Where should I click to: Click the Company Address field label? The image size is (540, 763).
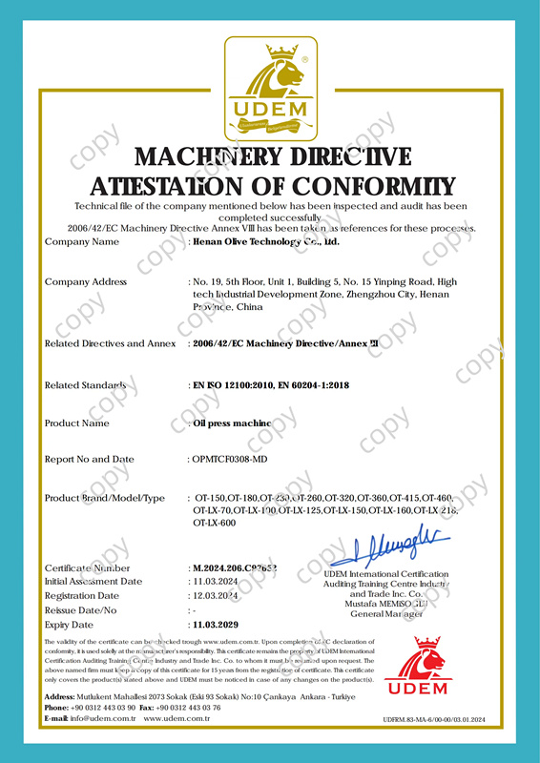click(x=86, y=282)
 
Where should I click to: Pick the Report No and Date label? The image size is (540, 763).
click(x=90, y=459)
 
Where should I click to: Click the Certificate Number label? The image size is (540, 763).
click(x=87, y=568)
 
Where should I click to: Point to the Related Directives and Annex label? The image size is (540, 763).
click(x=110, y=343)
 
